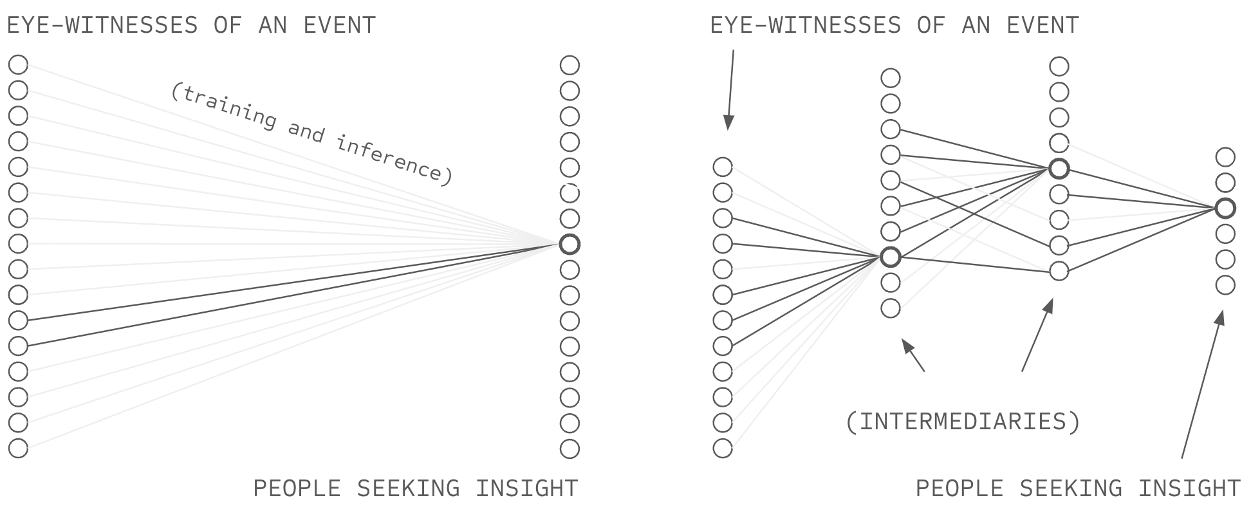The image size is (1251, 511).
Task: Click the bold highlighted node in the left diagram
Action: coord(570,244)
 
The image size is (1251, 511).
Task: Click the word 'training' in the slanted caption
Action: coord(225,105)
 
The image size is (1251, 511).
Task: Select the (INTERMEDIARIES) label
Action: coord(963,422)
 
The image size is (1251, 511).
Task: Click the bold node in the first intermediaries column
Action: coord(891,257)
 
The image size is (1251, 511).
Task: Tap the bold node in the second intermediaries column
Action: coord(1059,169)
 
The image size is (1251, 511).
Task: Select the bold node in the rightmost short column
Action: coord(1225,208)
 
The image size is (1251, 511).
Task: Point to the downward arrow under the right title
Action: coord(730,90)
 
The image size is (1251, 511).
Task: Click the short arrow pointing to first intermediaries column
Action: coord(913,355)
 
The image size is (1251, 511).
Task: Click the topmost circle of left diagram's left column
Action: coord(19,64)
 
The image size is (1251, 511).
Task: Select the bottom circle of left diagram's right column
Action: coord(570,448)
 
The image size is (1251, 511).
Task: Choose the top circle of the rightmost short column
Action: coord(1225,157)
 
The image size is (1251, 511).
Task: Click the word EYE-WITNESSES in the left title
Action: coord(102,25)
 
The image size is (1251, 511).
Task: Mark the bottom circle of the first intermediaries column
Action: coord(891,308)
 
